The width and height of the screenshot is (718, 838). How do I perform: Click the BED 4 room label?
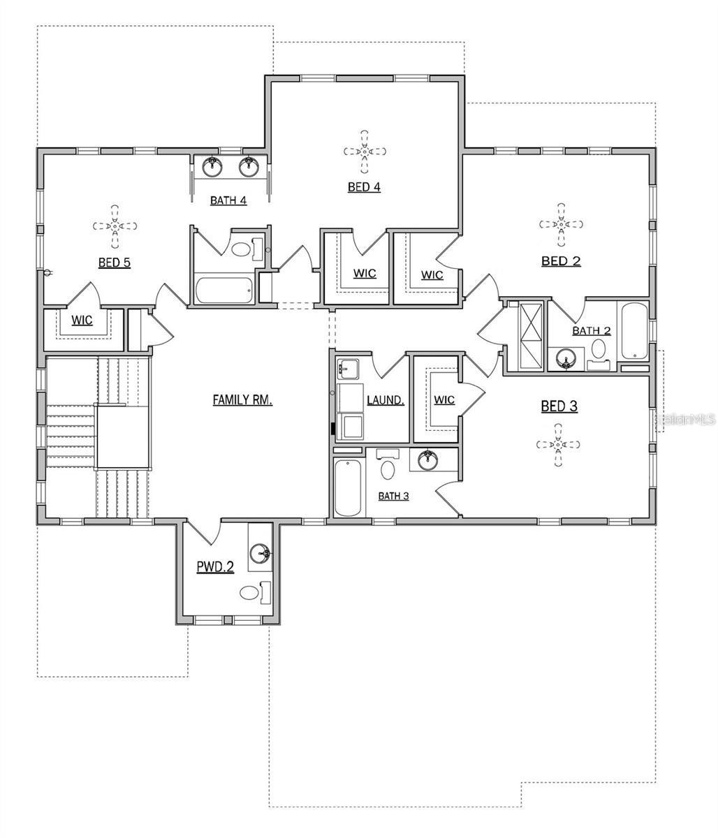[x=364, y=187]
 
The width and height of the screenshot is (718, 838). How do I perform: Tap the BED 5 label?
[x=115, y=263]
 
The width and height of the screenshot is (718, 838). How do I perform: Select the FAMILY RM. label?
[x=242, y=399]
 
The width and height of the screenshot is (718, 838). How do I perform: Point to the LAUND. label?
[x=385, y=400]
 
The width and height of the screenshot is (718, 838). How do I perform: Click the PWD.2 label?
[x=215, y=566]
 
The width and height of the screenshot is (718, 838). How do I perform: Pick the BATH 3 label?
[x=393, y=496]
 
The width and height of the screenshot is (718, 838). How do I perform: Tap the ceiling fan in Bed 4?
[x=365, y=152]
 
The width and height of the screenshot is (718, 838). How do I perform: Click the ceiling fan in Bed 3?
[x=558, y=445]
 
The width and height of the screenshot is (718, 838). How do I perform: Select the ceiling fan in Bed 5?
[x=115, y=226]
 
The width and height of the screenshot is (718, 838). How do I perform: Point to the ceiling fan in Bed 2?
[x=561, y=224]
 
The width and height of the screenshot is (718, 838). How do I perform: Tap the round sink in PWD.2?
[x=260, y=553]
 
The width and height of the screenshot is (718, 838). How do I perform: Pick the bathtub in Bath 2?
[x=633, y=330]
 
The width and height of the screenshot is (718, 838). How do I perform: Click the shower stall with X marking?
[x=531, y=337]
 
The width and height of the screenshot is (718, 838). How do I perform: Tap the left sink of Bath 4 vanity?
[x=212, y=167]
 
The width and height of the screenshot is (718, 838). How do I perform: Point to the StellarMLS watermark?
[x=684, y=419]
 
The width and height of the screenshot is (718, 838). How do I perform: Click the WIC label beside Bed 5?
[x=82, y=321]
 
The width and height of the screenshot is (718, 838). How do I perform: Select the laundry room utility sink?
[x=347, y=369]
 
